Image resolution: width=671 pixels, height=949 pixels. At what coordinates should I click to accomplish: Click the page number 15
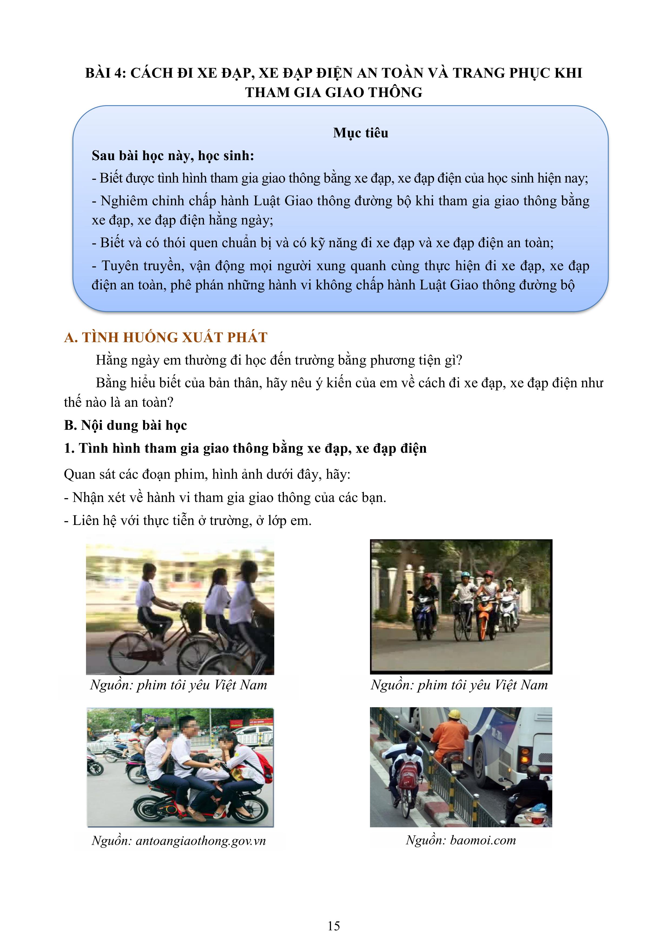click(334, 926)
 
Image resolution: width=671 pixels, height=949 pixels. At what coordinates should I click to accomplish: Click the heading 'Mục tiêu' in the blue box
click(361, 133)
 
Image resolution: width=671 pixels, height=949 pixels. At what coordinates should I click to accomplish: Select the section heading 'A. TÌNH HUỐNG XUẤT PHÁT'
click(166, 337)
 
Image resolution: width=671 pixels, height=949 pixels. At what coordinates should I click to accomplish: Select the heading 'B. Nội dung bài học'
click(126, 425)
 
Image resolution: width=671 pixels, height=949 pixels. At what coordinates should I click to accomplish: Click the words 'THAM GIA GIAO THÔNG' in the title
click(334, 92)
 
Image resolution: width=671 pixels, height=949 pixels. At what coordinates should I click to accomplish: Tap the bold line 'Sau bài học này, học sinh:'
click(173, 156)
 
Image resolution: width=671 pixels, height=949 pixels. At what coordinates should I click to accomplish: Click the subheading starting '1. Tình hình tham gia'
click(245, 448)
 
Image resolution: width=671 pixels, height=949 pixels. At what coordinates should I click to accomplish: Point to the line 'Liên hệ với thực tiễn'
click(188, 520)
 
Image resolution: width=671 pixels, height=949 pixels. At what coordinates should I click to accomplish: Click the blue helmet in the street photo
click(465, 574)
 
